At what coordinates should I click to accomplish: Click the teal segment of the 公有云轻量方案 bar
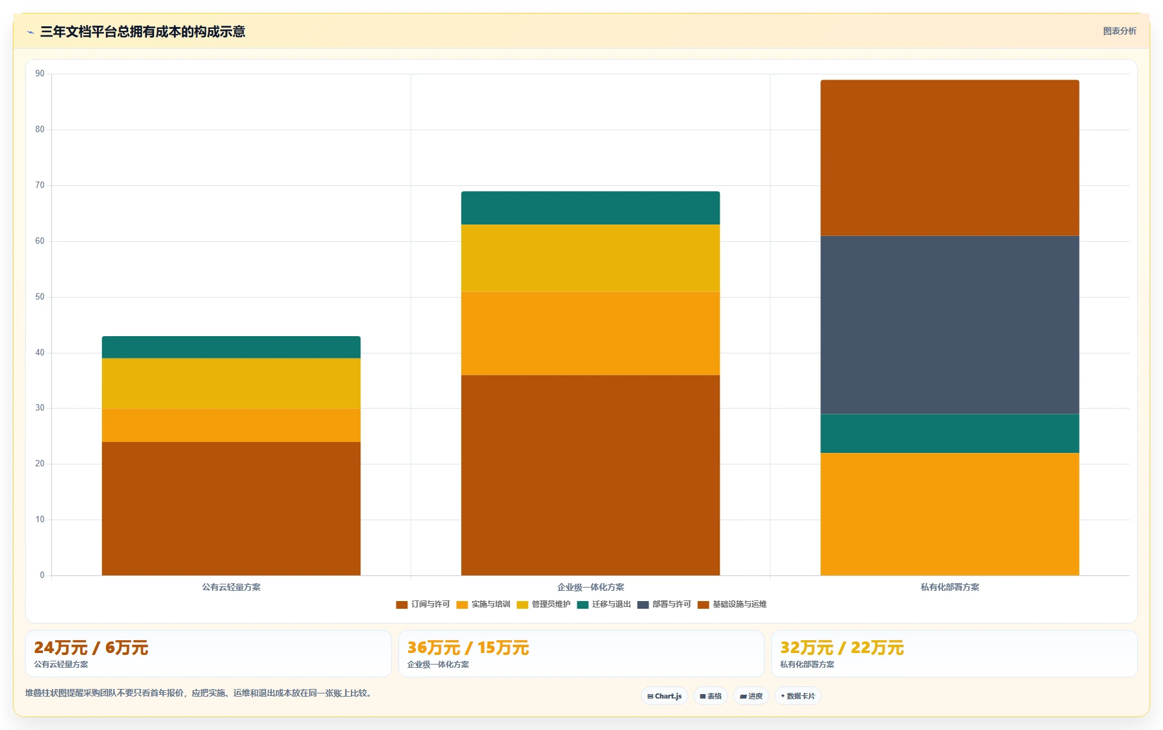tap(231, 347)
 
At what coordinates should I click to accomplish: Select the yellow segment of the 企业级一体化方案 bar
tap(590, 258)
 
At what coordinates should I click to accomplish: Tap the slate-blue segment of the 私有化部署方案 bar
tap(949, 325)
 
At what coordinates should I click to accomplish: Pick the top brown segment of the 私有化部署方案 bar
tap(949, 158)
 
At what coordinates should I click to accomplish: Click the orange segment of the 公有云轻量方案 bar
tap(231, 425)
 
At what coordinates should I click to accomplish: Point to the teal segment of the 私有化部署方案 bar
tap(949, 434)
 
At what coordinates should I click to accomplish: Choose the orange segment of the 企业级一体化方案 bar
tap(590, 334)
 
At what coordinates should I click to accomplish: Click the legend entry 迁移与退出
tap(604, 604)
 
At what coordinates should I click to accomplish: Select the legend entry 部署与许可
tap(664, 604)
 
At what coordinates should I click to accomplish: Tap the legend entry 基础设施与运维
tap(732, 604)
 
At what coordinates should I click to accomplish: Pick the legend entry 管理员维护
tap(543, 604)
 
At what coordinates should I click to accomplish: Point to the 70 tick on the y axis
tap(40, 185)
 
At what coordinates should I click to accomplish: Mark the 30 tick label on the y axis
tap(40, 408)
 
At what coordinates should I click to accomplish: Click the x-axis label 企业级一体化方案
tap(590, 587)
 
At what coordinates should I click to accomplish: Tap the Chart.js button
tap(665, 696)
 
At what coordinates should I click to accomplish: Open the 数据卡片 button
tap(797, 696)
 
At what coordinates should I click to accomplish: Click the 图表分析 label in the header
tap(1119, 31)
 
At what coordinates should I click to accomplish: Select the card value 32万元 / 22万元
tap(842, 648)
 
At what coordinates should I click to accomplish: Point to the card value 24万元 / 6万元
tap(91, 648)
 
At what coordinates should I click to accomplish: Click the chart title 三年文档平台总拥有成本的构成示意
tap(142, 31)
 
